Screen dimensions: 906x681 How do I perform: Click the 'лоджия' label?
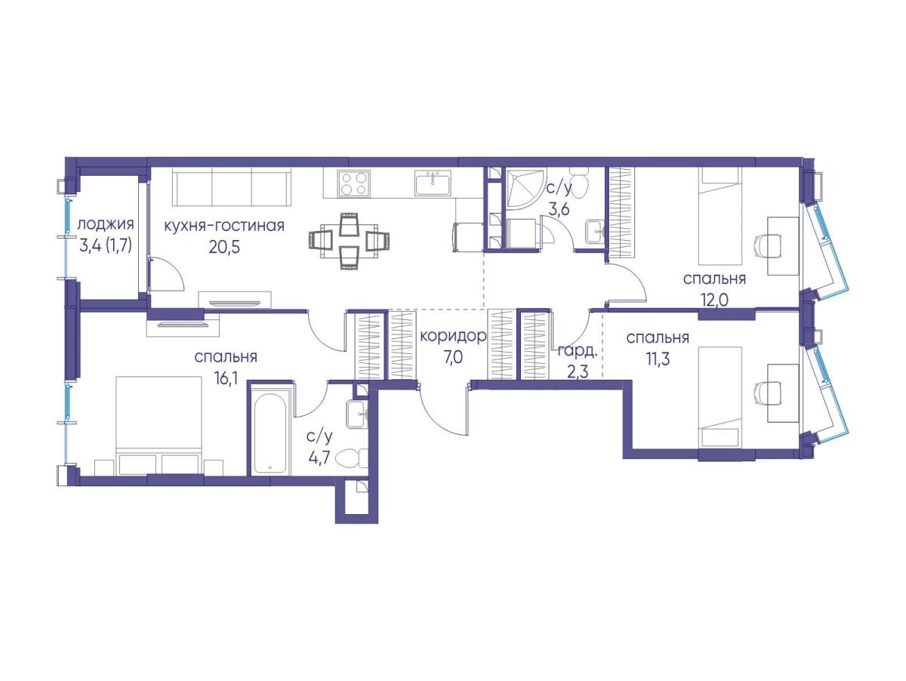coord(106,225)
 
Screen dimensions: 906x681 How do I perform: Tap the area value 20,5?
coord(224,248)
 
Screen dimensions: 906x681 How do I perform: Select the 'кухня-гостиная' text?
coord(224,226)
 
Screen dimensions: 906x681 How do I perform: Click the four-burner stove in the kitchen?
coord(353,183)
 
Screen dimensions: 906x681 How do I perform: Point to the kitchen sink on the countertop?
coord(433,183)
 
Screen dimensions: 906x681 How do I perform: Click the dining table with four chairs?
coord(349,241)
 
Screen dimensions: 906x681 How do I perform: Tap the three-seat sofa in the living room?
coord(232,189)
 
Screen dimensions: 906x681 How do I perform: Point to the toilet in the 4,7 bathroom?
coord(351,458)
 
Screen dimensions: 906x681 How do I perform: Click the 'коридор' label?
coord(453,337)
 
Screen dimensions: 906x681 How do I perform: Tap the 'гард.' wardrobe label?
coord(578,351)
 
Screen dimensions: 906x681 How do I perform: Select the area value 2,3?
coord(577,372)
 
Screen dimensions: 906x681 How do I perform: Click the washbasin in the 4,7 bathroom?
coord(357,414)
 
